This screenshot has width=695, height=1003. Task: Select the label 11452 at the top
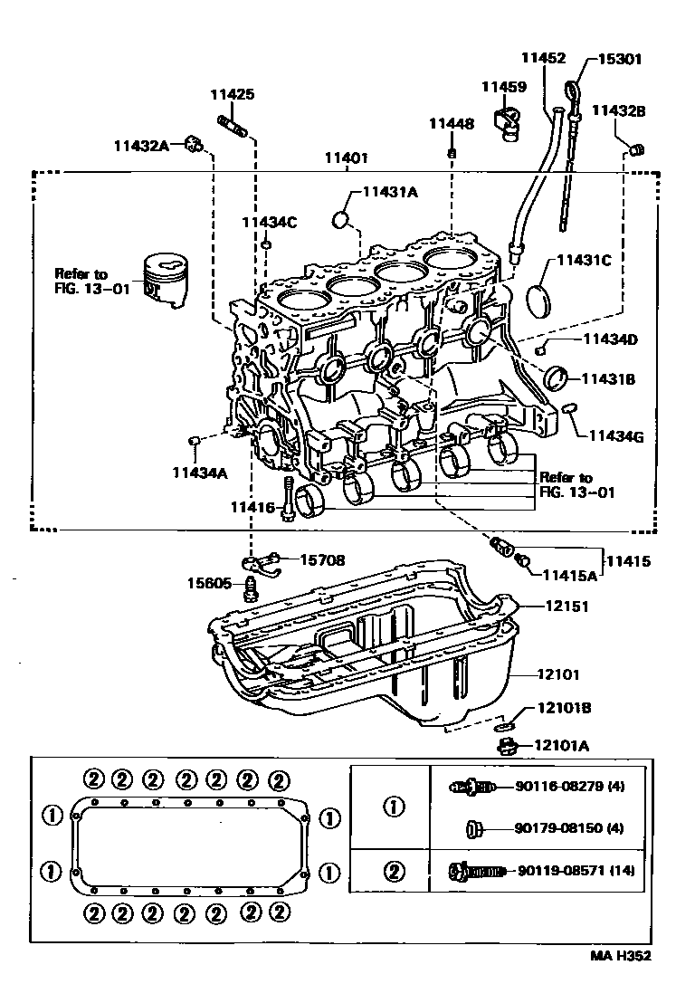[543, 59]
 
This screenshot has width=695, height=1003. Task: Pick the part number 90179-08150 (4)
[569, 827]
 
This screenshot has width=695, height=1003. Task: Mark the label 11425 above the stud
[233, 94]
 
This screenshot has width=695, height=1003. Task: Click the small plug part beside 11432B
[636, 148]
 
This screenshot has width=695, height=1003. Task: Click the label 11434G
[615, 436]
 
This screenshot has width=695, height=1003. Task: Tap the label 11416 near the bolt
[252, 508]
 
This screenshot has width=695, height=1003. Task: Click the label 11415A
[569, 575]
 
